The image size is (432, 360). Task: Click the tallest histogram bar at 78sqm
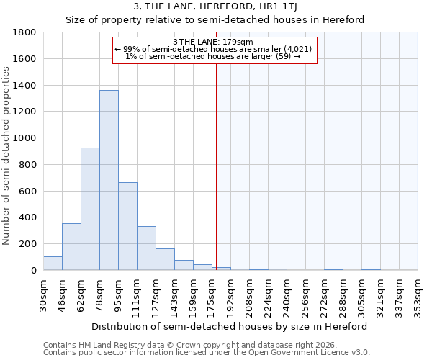pyautogui.click(x=109, y=180)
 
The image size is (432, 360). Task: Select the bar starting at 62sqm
pyautogui.click(x=90, y=209)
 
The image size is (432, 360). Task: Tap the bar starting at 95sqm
pyautogui.click(x=127, y=226)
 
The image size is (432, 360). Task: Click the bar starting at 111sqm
pyautogui.click(x=146, y=248)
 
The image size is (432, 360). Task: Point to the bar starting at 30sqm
pyautogui.click(x=53, y=264)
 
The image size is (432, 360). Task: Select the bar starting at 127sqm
pyautogui.click(x=165, y=259)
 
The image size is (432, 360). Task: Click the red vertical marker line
pyautogui.click(x=215, y=166)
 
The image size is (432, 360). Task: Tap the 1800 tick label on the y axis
pyautogui.click(x=25, y=32)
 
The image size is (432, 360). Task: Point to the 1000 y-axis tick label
pyautogui.click(x=25, y=138)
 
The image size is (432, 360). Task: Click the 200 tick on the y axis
pyautogui.click(x=29, y=244)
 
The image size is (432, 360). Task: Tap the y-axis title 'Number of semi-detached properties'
pyautogui.click(x=7, y=156)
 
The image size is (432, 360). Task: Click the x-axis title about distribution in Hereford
pyautogui.click(x=230, y=326)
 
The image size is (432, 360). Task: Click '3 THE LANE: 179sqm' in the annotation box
pyautogui.click(x=213, y=42)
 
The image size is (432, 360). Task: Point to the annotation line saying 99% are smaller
pyautogui.click(x=213, y=49)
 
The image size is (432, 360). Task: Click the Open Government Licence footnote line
pyautogui.click(x=207, y=353)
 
